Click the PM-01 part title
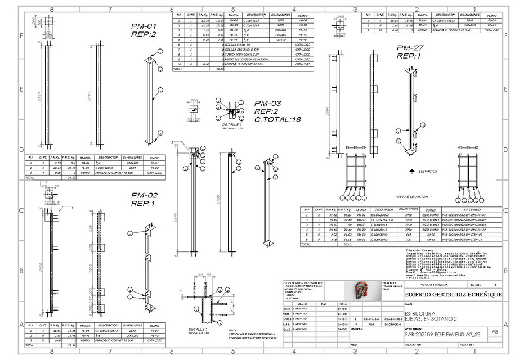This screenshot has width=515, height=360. pyautogui.click(x=144, y=26)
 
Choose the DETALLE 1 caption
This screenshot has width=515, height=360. pyautogui.click(x=198, y=329)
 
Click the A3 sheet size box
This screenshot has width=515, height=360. pyautogui.click(x=495, y=332)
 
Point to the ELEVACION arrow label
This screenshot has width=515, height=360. pyautogui.click(x=427, y=170)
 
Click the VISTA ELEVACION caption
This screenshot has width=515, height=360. pyautogui.click(x=412, y=197)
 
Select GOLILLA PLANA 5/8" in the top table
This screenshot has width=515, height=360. pyautogui.click(x=247, y=44)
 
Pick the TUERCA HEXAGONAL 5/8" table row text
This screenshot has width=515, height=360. pyautogui.click(x=248, y=54)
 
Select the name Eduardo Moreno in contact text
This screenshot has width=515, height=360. pyautogui.click(x=418, y=249)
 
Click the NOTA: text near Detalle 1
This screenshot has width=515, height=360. pyautogui.click(x=233, y=331)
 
